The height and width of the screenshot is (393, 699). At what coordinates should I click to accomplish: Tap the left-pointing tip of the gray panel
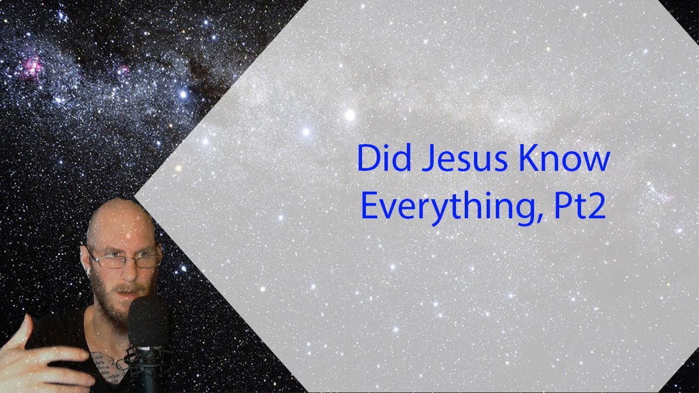pos(135,195)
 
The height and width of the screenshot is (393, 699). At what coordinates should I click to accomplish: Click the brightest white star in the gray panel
pos(349,115)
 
